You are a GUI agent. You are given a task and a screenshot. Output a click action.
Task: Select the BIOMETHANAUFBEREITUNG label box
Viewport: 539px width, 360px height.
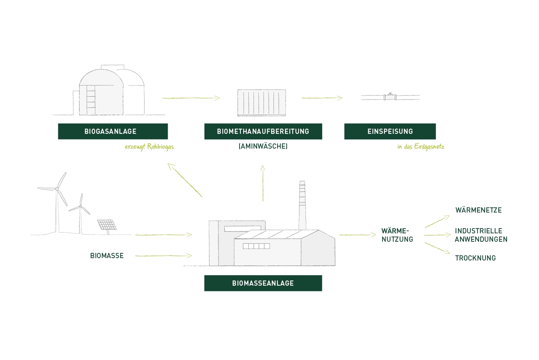click(x=263, y=131)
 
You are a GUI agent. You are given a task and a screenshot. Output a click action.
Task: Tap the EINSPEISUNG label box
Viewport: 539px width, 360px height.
click(x=390, y=131)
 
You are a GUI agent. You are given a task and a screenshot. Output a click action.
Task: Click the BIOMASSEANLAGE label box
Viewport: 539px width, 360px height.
click(x=263, y=283)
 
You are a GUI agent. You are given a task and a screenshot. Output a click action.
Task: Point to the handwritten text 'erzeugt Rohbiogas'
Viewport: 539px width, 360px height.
click(x=149, y=147)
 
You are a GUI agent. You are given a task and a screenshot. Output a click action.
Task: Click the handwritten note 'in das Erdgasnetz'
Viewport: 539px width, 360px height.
click(x=420, y=147)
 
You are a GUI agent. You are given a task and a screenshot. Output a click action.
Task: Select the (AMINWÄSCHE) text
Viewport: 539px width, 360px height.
click(x=263, y=146)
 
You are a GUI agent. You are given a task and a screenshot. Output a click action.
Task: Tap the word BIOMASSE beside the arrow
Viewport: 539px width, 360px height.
click(x=107, y=256)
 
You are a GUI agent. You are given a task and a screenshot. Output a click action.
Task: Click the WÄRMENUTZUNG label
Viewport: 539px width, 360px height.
click(x=397, y=235)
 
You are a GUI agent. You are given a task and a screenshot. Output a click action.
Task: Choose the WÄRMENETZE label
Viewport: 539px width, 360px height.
click(x=478, y=210)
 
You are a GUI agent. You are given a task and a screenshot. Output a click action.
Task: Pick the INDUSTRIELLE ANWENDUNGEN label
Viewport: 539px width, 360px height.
click(x=481, y=235)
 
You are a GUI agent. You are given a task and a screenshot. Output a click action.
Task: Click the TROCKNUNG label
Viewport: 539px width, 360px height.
click(x=475, y=258)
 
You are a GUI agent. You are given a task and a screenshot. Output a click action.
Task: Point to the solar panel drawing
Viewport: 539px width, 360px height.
click(x=107, y=225)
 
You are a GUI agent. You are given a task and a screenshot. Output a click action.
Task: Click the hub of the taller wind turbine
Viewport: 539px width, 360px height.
click(x=57, y=189)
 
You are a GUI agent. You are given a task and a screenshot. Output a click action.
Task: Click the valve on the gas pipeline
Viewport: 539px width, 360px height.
click(x=390, y=97)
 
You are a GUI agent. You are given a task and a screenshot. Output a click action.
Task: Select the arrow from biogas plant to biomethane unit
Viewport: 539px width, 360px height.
click(x=191, y=98)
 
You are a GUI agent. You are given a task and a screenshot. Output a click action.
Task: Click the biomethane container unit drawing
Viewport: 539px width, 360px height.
click(x=262, y=103)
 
